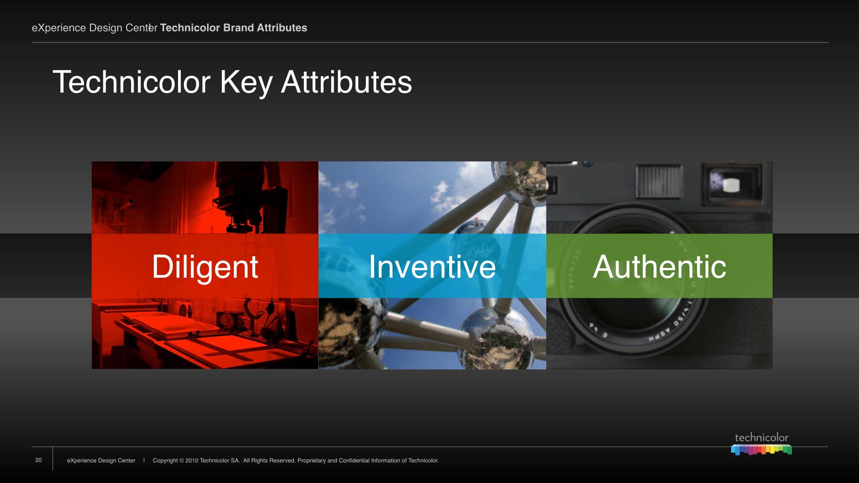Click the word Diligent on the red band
point(205,267)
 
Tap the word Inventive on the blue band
point(432,267)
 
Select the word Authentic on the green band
point(659,267)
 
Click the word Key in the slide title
point(246,83)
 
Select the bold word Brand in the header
point(238,28)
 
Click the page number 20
point(38,460)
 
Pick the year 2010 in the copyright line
point(191,461)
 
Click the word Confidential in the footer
point(354,461)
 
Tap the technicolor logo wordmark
point(761,438)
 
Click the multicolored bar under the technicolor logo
point(761,449)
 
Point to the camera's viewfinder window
point(731,184)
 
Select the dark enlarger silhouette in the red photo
point(251,197)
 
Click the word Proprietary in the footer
point(312,461)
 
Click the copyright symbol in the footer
point(182,461)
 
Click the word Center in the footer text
point(127,461)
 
